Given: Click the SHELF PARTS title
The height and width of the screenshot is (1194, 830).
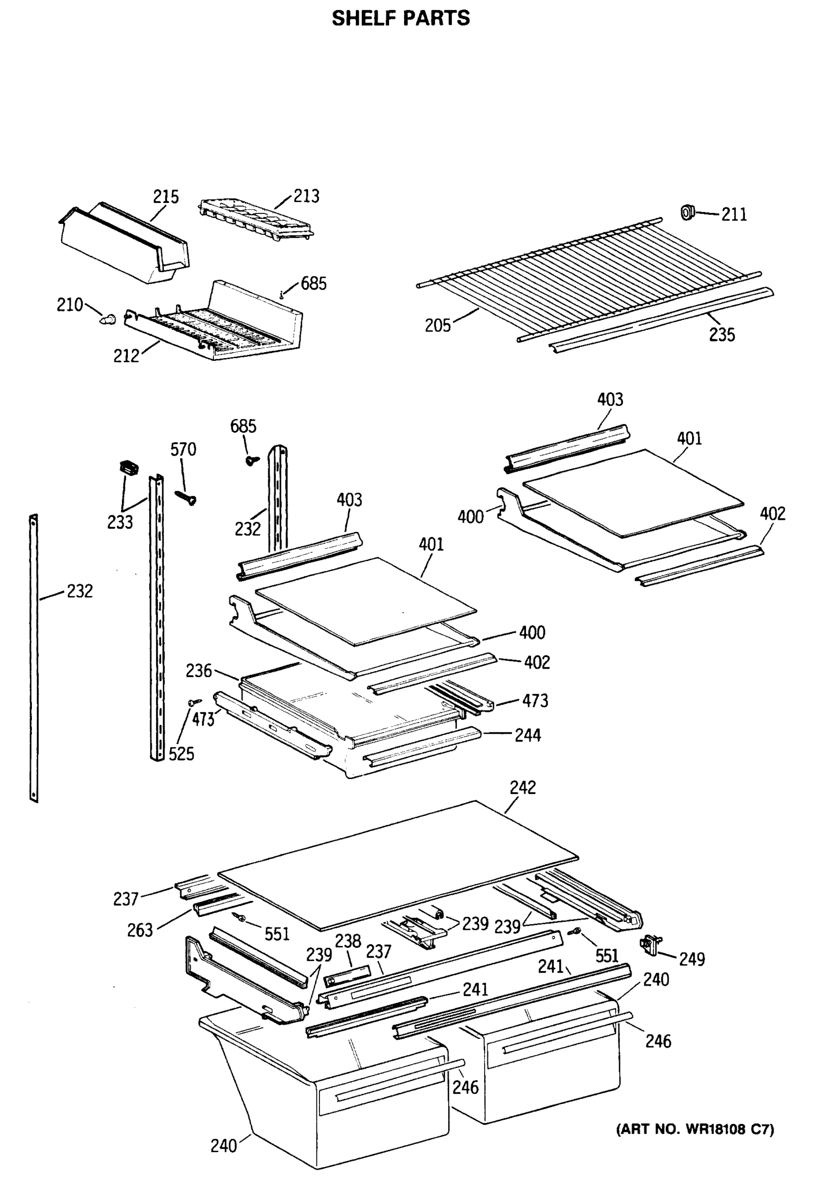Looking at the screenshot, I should point(401,18).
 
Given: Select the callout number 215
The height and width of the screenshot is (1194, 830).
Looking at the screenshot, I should point(165,197).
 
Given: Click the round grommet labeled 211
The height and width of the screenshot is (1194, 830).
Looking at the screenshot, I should point(688,212).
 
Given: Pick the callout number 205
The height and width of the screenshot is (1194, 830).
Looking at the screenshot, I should point(437,326).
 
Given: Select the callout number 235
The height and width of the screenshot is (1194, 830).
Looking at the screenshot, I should point(722,335).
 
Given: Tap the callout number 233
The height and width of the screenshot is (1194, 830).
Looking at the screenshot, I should point(120,522).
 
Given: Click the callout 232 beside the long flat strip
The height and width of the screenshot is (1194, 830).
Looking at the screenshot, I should point(80,591).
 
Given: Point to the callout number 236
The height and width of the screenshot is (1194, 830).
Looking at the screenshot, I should point(199,671).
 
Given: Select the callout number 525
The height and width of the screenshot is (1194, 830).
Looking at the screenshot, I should point(181,754).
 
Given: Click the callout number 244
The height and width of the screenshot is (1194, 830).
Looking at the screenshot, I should point(527,735).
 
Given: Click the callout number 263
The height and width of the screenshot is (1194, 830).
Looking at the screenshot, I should point(140,930).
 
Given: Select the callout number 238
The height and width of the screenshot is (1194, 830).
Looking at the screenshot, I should point(347,941).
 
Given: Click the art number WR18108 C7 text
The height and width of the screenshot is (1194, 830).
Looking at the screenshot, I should point(695,1129).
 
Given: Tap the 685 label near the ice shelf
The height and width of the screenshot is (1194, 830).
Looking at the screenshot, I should point(313,284).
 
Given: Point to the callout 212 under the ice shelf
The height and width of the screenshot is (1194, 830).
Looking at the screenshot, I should point(126,356).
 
